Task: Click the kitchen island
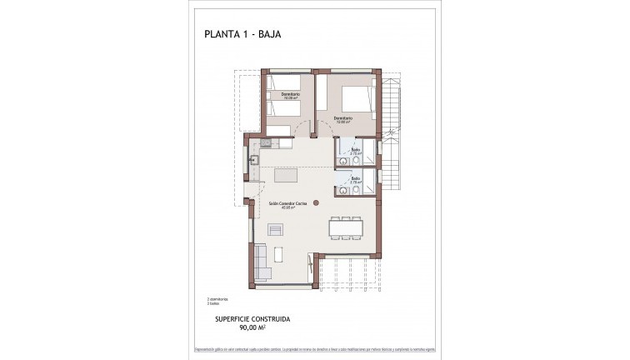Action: point(286,177)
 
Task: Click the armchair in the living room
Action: point(275,231)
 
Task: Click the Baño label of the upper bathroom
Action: point(354,151)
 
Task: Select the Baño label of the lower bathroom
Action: point(355,178)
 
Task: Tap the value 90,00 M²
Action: point(251,329)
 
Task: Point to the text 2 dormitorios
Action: point(217,298)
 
